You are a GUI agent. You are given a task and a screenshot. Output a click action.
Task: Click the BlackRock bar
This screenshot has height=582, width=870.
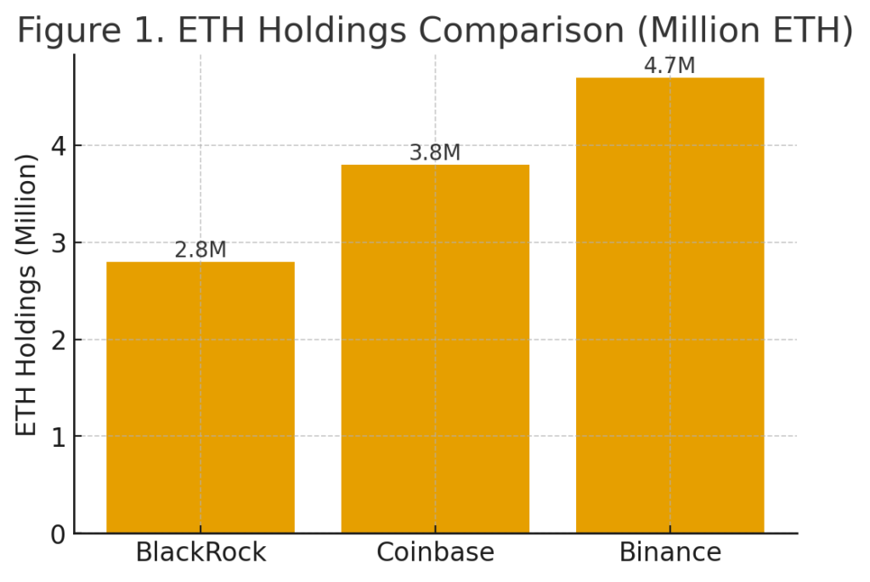pyautogui.click(x=201, y=398)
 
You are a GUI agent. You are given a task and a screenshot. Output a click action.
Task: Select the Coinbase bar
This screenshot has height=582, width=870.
pyautogui.click(x=435, y=349)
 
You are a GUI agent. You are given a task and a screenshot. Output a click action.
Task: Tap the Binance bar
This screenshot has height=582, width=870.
pyautogui.click(x=670, y=305)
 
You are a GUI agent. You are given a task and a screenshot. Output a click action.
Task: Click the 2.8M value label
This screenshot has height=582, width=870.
pyautogui.click(x=201, y=250)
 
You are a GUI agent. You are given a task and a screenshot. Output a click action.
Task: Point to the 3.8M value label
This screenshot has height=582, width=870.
pyautogui.click(x=435, y=153)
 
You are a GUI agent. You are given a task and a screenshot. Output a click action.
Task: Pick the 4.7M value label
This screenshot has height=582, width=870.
pyautogui.click(x=669, y=65)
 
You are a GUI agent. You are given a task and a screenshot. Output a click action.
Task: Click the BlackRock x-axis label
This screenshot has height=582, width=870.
pyautogui.click(x=201, y=552)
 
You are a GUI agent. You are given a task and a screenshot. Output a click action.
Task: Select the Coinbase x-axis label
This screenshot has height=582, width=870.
pyautogui.click(x=436, y=552)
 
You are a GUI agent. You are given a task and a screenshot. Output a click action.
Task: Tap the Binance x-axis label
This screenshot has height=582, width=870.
pyautogui.click(x=670, y=552)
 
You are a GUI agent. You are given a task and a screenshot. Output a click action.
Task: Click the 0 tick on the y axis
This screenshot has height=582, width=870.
pyautogui.click(x=59, y=534)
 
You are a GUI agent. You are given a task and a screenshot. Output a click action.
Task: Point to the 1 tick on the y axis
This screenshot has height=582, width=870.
pyautogui.click(x=59, y=438)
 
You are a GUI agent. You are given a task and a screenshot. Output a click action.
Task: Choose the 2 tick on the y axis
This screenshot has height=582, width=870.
pyautogui.click(x=59, y=341)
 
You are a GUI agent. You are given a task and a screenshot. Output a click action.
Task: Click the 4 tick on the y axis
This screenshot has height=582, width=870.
pyautogui.click(x=59, y=146)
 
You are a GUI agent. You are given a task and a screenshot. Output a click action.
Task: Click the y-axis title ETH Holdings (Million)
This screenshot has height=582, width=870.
pyautogui.click(x=25, y=295)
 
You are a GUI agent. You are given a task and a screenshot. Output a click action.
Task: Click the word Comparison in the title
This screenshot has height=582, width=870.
pyautogui.click(x=521, y=30)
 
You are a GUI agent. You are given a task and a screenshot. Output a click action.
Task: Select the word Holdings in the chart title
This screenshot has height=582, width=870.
pyautogui.click(x=332, y=30)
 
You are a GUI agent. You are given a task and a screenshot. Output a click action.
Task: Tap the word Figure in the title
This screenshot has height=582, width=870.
pyautogui.click(x=69, y=30)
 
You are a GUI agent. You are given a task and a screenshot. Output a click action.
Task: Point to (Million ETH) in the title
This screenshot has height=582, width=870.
pyautogui.click(x=744, y=30)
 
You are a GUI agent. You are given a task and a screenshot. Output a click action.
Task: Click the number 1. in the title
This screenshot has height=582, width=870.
pyautogui.click(x=149, y=30)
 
